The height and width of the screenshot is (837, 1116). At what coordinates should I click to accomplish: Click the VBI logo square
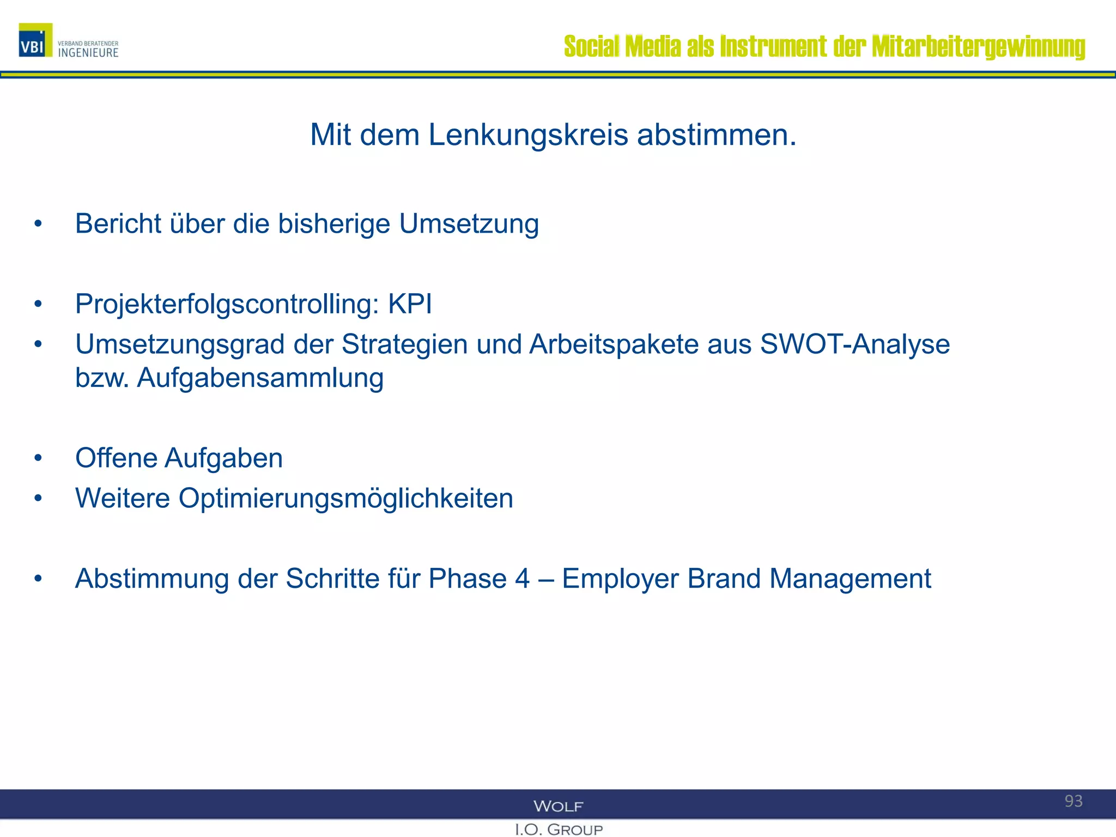[x=35, y=40]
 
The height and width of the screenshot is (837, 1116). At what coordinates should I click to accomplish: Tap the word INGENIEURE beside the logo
[x=88, y=53]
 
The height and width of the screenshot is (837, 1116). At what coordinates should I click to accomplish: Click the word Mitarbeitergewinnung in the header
[x=978, y=46]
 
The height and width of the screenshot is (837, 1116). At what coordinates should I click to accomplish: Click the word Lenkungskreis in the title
[x=528, y=135]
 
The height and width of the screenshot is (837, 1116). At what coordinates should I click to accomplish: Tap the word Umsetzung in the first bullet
[x=469, y=223]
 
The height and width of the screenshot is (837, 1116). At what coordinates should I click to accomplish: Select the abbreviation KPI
[x=410, y=304]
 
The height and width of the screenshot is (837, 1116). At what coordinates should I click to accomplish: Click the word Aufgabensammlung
[x=260, y=378]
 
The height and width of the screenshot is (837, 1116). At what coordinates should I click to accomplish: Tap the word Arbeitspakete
[x=614, y=344]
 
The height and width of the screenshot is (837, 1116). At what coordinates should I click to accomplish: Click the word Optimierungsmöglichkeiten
[x=345, y=498]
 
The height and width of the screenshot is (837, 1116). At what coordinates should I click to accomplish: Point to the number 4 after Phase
[x=522, y=579]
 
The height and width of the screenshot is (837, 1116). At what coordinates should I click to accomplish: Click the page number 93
[x=1073, y=801]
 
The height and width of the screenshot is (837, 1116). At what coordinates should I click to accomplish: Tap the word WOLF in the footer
[x=558, y=806]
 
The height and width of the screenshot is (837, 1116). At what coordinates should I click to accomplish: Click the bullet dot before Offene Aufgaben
[x=38, y=458]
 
